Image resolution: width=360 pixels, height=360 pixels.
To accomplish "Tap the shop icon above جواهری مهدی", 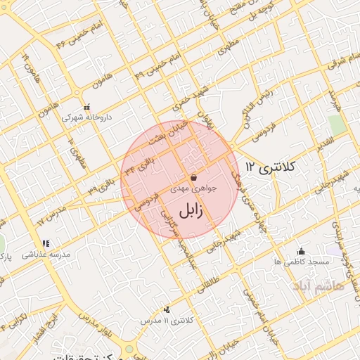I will [193, 178].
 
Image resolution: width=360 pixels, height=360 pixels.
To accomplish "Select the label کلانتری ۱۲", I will [271, 167].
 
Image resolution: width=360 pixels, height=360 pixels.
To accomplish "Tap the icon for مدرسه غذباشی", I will [46, 243].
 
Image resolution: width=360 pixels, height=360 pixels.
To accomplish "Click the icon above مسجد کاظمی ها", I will [302, 251].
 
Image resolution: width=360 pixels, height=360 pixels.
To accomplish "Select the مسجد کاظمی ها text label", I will [302, 262].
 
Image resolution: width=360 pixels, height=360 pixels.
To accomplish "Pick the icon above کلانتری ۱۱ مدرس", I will [167, 309].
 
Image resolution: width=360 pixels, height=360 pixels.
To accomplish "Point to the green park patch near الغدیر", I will [337, 125].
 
